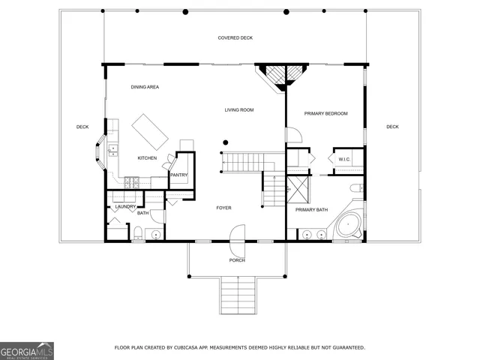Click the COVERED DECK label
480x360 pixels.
235,37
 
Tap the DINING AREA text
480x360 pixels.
145,87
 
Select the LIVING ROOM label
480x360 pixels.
239,110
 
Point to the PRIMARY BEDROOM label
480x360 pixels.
325,113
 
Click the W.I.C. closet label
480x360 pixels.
344,159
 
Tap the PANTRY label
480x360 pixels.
178,175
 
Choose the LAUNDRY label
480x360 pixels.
125,206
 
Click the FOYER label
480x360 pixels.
223,208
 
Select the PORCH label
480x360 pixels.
237,260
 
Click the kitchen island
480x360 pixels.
151,132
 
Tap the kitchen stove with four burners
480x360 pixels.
132,181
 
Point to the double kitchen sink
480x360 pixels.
113,150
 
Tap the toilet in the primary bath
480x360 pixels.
356,187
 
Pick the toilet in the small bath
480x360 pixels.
138,232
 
